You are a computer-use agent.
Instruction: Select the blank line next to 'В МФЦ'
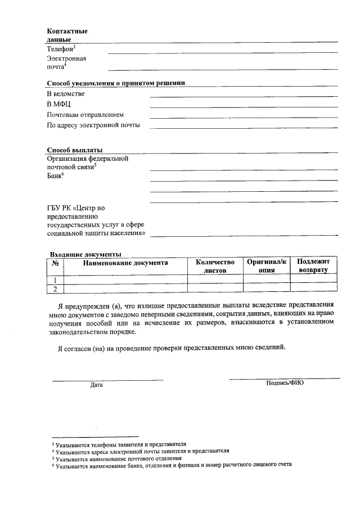pos(243,106)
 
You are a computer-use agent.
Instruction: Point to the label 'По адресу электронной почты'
pos(93,125)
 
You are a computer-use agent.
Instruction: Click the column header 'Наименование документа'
pos(125,263)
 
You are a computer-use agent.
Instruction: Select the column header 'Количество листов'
pos(214,266)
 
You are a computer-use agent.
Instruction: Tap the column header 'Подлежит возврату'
pos(313,266)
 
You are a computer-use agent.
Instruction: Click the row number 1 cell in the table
pos(55,280)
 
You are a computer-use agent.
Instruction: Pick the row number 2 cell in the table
pos(55,289)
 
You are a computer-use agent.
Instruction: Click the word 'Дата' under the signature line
pos(96,385)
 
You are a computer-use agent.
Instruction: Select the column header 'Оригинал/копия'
pos(266,266)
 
